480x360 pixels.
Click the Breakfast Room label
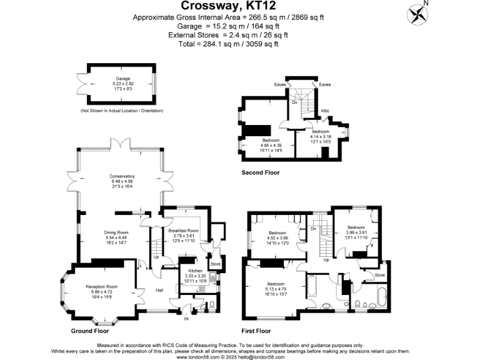(x=183, y=231)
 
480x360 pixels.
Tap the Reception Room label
(x=102, y=287)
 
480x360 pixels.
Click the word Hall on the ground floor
(x=159, y=290)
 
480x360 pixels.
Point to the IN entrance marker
(x=186, y=319)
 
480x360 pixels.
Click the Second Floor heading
(x=261, y=172)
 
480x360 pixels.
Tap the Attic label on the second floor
(x=325, y=111)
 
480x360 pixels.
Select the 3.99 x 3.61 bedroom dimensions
(x=356, y=232)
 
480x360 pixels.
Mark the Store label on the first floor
(x=379, y=274)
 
